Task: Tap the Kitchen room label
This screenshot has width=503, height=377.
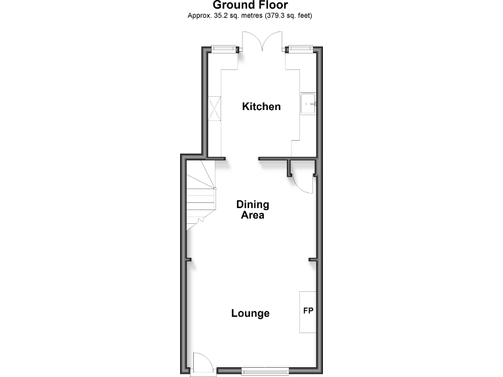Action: click(x=261, y=106)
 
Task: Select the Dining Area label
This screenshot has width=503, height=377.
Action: click(x=252, y=209)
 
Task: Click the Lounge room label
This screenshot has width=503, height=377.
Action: click(x=250, y=314)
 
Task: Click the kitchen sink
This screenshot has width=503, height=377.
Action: click(x=309, y=103)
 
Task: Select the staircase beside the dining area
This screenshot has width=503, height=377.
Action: click(x=200, y=195)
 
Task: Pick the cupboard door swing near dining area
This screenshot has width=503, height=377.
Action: click(x=302, y=179)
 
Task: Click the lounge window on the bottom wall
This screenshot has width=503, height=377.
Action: click(x=265, y=371)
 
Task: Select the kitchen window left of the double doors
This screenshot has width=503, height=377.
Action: click(x=222, y=48)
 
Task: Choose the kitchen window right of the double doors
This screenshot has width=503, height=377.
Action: click(x=300, y=48)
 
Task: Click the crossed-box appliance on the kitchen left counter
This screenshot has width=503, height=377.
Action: click(x=214, y=108)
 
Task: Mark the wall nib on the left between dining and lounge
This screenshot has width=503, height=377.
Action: click(x=188, y=260)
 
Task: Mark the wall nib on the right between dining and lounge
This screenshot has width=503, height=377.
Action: click(x=312, y=260)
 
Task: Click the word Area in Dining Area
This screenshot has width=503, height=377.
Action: click(x=252, y=215)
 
